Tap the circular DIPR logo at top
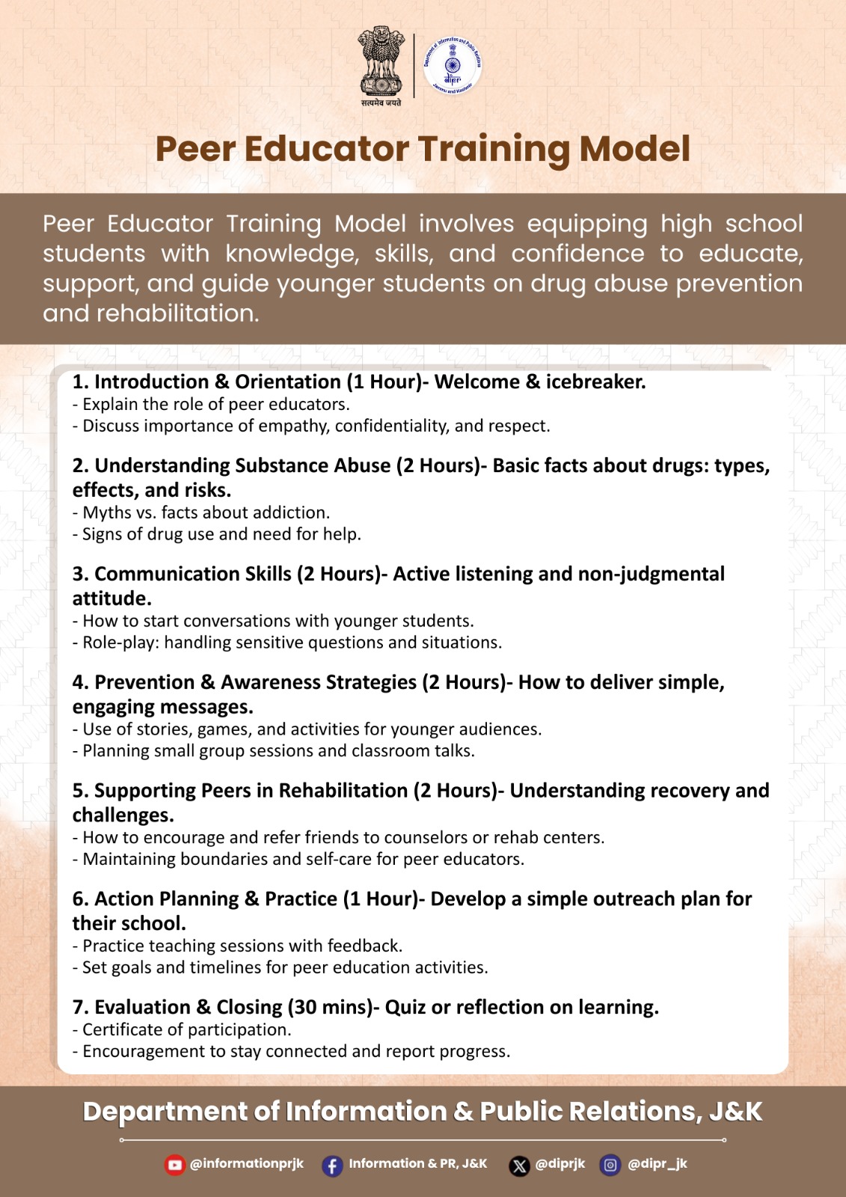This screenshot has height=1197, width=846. pos(453,66)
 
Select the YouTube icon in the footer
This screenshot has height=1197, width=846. pos(175,1165)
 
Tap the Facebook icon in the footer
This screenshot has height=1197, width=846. pos(332,1166)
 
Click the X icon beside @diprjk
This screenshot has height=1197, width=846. pos(519,1166)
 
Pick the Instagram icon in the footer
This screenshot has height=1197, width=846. pos(610,1165)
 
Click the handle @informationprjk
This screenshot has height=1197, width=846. pos(247,1163)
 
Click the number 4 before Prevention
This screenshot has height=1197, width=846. pos(79,682)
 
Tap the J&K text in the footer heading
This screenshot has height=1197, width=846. pos(736,1112)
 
